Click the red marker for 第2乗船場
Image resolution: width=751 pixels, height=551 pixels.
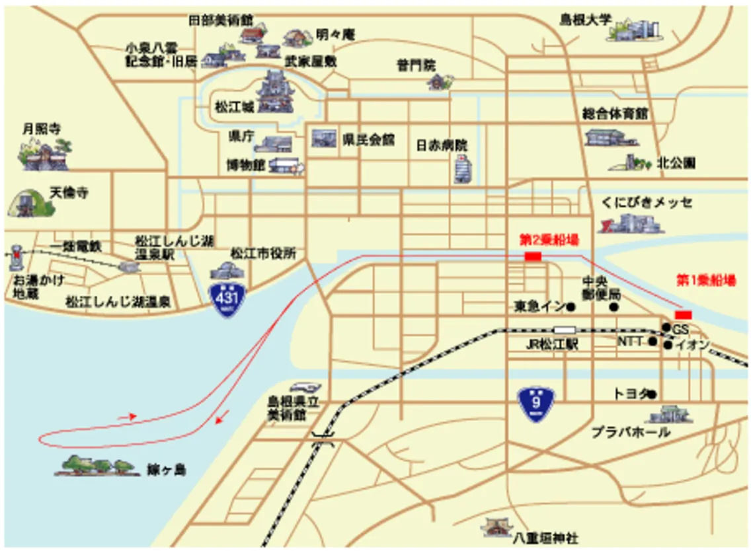click(x=532, y=256)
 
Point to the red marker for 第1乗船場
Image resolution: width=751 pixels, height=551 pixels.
click(x=683, y=314)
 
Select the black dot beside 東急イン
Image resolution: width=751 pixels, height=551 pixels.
click(x=571, y=307)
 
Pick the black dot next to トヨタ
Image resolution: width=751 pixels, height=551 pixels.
click(x=652, y=394)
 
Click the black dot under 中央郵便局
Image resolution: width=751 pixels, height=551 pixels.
click(x=614, y=307)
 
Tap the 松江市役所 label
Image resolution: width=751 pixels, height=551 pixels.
click(x=262, y=253)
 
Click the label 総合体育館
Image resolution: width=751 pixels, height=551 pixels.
click(x=615, y=114)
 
